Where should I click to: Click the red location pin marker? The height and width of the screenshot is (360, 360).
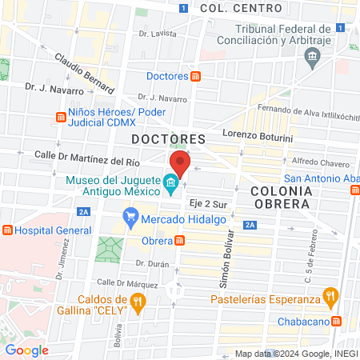[180, 163]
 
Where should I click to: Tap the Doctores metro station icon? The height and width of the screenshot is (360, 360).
[196, 77]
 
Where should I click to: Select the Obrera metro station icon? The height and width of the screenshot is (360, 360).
[181, 240]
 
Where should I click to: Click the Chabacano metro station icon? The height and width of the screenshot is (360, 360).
[338, 321]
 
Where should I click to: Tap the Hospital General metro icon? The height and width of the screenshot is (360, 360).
[7, 230]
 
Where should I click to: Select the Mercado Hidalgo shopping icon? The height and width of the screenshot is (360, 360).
[130, 215]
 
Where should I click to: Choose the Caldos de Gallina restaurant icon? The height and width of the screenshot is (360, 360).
[138, 302]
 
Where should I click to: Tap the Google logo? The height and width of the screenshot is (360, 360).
[26, 350]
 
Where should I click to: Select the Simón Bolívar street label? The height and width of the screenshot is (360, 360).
[226, 260]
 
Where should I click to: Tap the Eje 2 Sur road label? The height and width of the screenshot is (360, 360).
[204, 205]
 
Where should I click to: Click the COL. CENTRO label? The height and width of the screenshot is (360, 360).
[241, 8]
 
